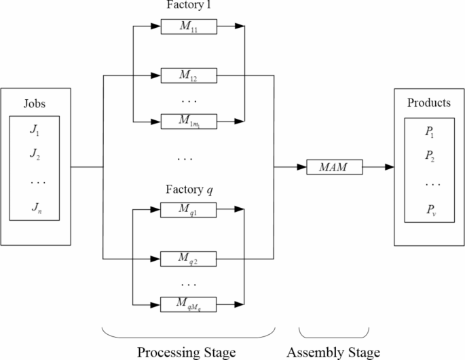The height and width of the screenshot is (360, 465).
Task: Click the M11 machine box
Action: tap(188, 27)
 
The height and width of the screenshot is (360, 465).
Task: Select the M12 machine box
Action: tap(188, 75)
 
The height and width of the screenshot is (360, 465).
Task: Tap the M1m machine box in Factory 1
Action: tap(188, 122)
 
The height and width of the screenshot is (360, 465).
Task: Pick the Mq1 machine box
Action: tap(188, 211)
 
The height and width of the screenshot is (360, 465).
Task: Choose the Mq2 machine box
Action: tap(188, 259)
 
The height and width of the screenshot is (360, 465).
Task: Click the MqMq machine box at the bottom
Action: tap(188, 304)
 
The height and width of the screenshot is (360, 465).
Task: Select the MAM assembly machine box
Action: tap(333, 166)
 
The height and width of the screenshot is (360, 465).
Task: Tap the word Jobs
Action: tap(35, 104)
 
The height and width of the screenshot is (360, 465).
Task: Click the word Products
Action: tap(428, 103)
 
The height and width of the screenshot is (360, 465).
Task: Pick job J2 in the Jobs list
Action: tap(35, 157)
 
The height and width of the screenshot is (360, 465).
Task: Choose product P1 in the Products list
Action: tap(429, 133)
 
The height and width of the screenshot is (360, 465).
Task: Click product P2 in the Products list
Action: tap(429, 157)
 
